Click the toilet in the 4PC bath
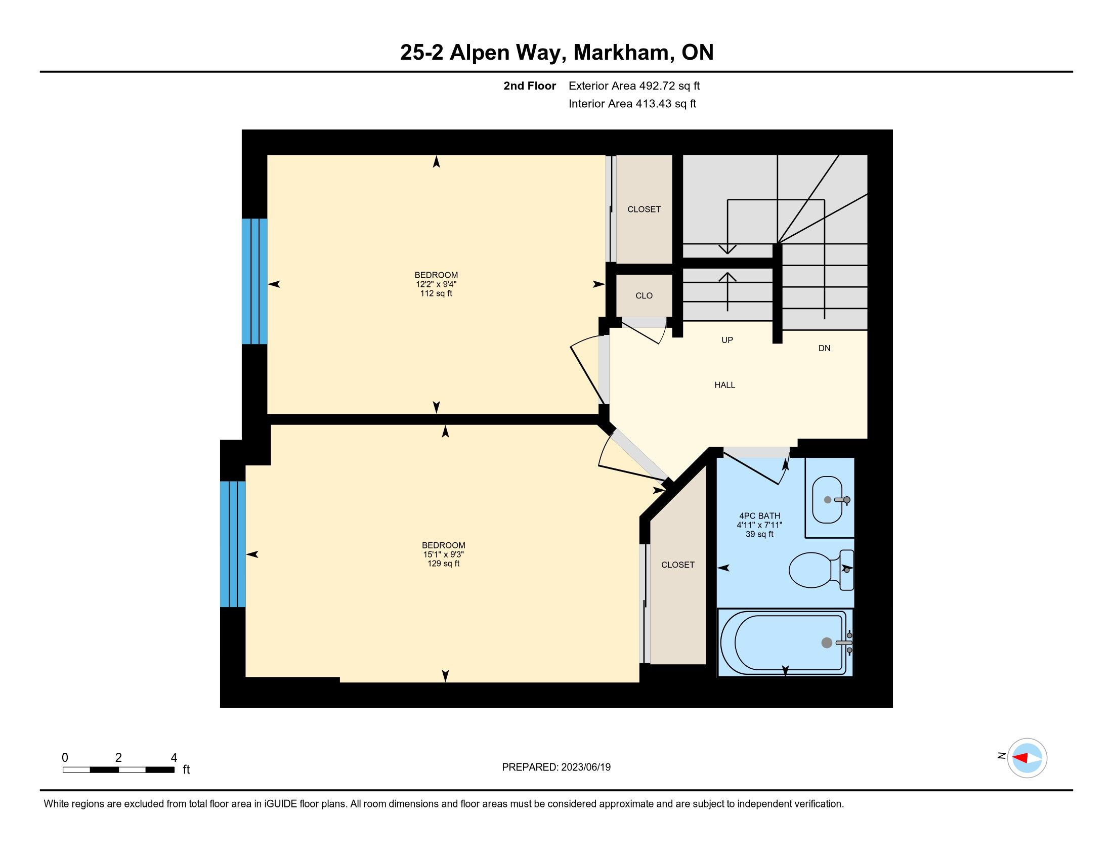point(821,570)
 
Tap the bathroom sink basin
point(827,500)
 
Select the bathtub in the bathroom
point(785,642)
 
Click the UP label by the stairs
point(727,340)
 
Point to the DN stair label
point(825,348)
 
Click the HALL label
point(724,385)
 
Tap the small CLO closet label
point(644,295)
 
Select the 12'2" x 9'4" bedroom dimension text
point(436,284)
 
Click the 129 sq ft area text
point(443,564)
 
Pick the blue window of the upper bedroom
point(254,281)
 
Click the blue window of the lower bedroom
point(233,544)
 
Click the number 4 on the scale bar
point(174,758)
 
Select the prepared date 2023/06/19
point(585,767)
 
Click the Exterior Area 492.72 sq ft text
point(634,85)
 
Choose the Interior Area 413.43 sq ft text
point(632,104)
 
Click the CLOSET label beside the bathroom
point(678,565)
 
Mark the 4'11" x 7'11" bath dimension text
point(759,525)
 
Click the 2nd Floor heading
point(530,85)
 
